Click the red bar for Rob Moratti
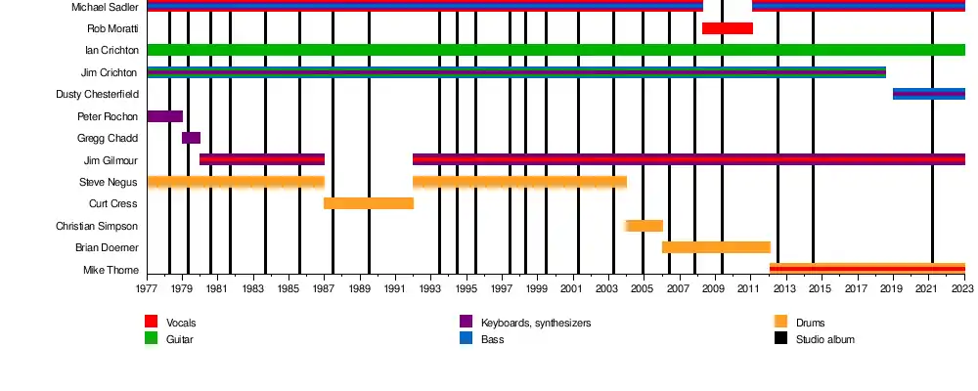728,28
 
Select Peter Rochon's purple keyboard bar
164,116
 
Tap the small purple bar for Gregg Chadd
191,138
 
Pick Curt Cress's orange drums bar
369,203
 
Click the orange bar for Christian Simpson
645,226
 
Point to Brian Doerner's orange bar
716,247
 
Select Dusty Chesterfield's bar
928,94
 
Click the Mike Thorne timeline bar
867,269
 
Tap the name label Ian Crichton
111,50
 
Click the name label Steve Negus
109,182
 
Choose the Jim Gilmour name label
111,160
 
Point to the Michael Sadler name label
105,7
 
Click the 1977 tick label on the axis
147,289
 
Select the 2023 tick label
964,289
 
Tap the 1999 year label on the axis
538,289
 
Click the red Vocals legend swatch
151,322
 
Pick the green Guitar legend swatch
151,338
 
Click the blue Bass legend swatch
467,338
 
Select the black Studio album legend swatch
780,338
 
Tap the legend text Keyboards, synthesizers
536,323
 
